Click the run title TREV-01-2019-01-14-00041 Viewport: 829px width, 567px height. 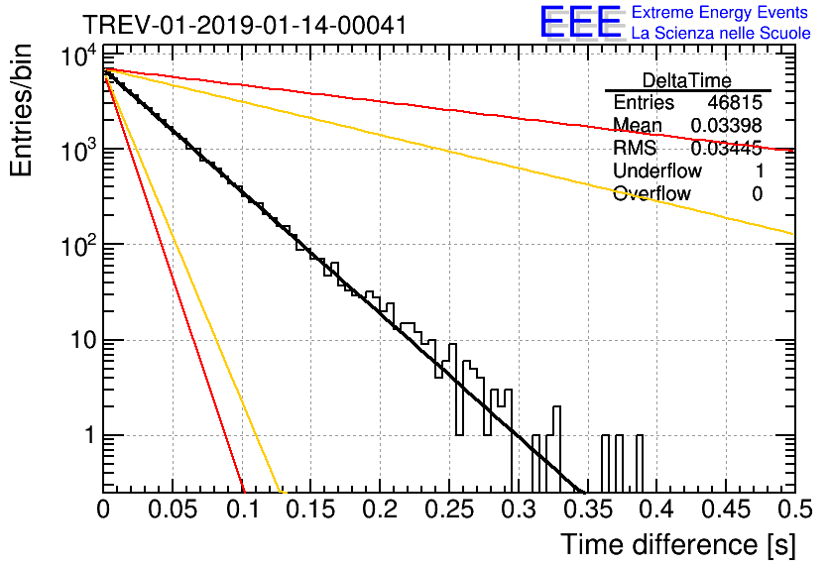[243, 25]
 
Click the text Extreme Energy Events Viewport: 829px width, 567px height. [721, 13]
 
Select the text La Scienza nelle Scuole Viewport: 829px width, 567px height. [721, 34]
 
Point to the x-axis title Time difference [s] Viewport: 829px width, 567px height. [677, 544]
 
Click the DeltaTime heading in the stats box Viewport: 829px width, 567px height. [687, 80]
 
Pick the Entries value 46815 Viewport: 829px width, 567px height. [735, 103]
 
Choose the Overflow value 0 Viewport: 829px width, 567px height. [757, 194]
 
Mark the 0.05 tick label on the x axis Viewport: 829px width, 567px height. [173, 510]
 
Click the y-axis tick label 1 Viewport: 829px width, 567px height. [86, 436]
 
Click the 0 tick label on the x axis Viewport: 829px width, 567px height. [104, 510]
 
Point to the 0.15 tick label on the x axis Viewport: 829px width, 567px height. [310, 510]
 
